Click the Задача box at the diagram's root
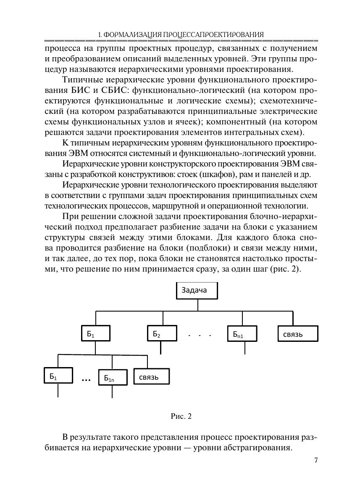point(197,290)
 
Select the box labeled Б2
point(161,334)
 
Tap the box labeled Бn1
point(242,334)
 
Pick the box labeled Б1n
point(112,378)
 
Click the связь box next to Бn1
point(297,334)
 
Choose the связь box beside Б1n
point(152,376)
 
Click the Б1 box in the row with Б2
point(95,334)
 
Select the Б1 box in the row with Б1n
point(58,376)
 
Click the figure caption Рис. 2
point(181,416)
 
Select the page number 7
point(315,460)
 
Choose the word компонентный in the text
point(244,122)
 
